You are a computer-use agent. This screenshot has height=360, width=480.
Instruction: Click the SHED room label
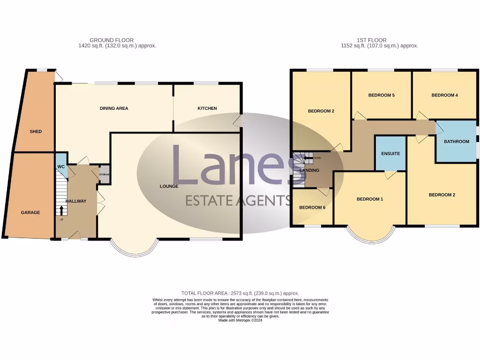[36, 132]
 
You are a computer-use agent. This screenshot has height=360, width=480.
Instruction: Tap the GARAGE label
[30, 213]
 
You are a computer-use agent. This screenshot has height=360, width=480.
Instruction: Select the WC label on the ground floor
[61, 167]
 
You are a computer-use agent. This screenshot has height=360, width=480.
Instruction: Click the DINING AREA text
[114, 108]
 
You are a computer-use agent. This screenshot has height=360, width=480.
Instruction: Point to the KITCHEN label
[207, 108]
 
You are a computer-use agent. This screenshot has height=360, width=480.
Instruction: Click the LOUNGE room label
[169, 186]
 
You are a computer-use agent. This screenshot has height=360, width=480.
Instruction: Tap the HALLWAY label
[76, 201]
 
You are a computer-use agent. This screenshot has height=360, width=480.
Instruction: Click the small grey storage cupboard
[104, 174]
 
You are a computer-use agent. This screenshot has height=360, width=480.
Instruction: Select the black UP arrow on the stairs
[61, 209]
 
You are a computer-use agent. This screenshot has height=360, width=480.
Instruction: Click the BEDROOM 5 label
[381, 96]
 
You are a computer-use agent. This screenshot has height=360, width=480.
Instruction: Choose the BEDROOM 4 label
[444, 96]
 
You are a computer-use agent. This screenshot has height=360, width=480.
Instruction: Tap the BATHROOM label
[457, 142]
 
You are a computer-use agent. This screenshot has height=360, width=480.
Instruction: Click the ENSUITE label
[390, 153]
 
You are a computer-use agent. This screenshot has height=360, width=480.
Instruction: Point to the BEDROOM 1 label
[370, 199]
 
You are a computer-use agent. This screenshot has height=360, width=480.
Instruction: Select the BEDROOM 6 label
[312, 208]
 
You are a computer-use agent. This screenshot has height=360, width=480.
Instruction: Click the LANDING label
[309, 170]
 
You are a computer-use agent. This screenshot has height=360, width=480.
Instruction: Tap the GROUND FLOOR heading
[112, 40]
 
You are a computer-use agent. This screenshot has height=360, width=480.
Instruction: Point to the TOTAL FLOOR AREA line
[240, 293]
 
